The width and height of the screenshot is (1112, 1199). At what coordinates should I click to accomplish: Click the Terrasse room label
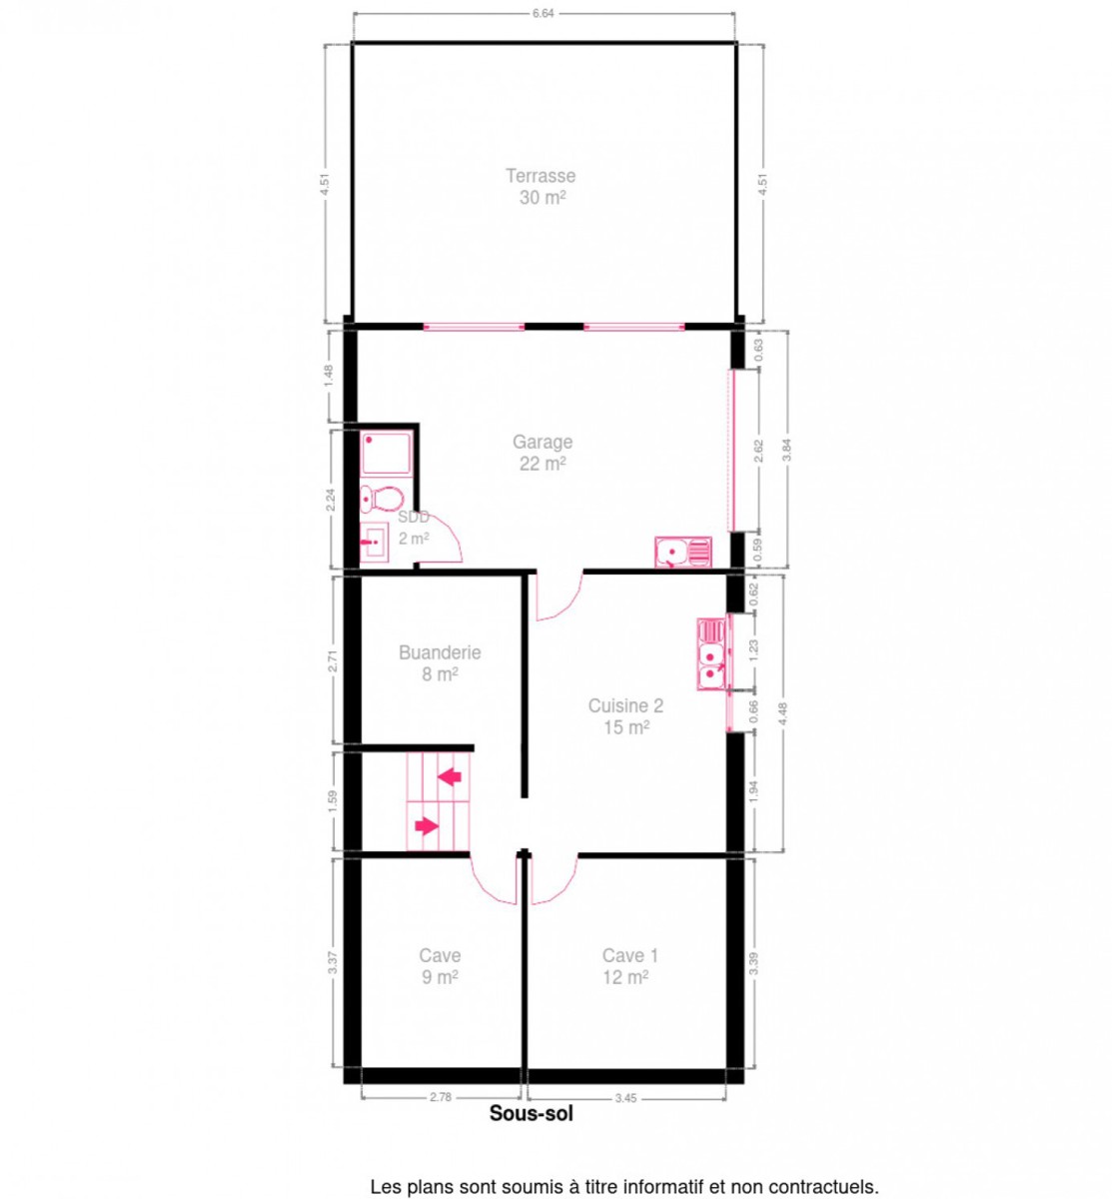[541, 176]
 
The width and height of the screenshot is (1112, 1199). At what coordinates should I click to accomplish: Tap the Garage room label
[543, 442]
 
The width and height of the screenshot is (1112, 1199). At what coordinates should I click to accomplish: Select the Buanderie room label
[440, 652]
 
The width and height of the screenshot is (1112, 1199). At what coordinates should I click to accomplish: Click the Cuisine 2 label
[625, 705]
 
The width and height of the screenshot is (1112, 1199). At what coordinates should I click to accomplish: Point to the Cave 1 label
[629, 955]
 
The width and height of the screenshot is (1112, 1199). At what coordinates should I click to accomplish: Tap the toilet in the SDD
[381, 500]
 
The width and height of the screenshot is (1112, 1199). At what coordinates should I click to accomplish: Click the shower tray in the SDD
[386, 453]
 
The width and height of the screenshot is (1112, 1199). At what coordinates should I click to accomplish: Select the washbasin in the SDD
[374, 544]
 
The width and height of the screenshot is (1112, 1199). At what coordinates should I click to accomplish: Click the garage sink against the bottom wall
[682, 553]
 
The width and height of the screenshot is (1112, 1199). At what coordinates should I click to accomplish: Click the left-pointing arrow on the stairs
[450, 776]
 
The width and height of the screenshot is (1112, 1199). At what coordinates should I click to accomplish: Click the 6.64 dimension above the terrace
[543, 13]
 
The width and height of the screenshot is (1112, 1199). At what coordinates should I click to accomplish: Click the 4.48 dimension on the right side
[783, 714]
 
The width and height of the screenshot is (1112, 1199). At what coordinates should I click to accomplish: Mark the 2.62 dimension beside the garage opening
[759, 451]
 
